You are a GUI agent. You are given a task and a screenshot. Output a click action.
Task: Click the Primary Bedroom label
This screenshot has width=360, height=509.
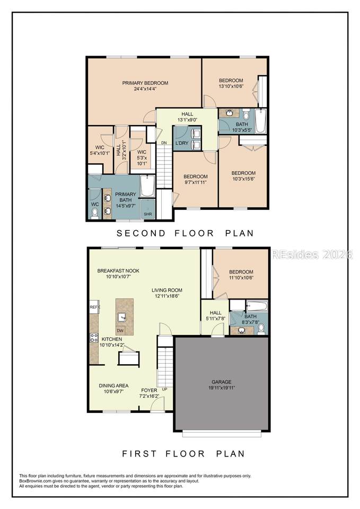point(145,83)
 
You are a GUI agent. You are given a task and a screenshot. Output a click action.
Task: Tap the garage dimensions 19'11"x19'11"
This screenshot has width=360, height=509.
point(222,388)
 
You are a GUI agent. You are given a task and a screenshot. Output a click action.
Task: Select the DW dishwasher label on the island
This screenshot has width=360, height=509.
point(120,331)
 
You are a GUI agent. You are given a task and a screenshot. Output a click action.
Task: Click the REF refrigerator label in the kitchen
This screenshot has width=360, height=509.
point(94,307)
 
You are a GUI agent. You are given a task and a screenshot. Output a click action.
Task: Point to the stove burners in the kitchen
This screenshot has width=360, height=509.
point(94,338)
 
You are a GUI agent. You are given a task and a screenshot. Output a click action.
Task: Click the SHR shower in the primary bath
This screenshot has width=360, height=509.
point(148,209)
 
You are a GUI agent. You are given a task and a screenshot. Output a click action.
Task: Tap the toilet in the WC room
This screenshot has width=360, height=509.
point(95,214)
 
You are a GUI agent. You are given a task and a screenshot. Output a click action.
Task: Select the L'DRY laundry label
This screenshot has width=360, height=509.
point(182,143)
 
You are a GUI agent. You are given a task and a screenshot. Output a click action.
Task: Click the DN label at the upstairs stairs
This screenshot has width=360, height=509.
point(164,143)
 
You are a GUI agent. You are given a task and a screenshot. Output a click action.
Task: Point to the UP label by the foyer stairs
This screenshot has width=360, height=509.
point(164,389)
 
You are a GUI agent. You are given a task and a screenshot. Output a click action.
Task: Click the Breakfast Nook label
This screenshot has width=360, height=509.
point(118,271)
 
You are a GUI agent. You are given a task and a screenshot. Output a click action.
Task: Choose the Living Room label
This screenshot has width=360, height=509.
point(167,290)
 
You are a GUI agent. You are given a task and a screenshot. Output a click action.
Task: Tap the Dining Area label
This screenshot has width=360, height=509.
point(113,385)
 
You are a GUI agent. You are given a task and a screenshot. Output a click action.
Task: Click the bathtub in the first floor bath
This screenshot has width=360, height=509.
point(257,305)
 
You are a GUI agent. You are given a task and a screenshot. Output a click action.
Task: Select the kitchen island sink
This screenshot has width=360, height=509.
point(122,317)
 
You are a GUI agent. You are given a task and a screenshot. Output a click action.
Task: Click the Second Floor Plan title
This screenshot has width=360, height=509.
point(185,233)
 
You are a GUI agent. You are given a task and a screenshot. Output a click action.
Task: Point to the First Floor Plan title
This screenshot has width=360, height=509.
point(183,453)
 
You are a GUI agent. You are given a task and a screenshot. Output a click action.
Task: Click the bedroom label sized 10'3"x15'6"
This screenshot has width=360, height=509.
point(243,175)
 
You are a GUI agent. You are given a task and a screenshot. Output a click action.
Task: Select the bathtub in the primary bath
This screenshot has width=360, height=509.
point(148,186)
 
